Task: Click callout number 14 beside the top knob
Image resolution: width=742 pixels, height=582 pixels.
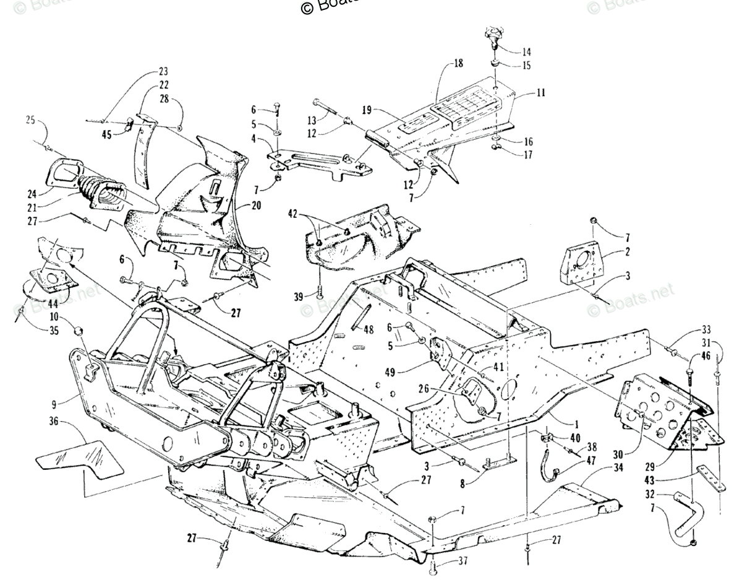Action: (526, 52)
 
